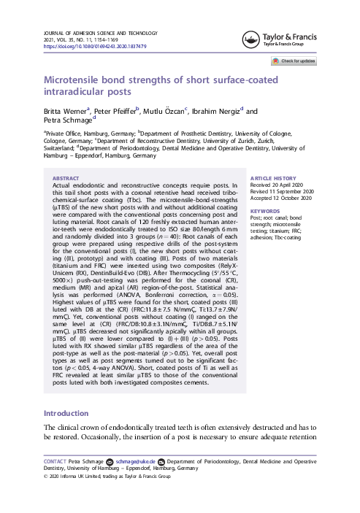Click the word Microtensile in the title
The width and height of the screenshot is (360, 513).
click(x=79, y=80)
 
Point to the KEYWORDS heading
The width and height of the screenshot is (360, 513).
click(x=266, y=210)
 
